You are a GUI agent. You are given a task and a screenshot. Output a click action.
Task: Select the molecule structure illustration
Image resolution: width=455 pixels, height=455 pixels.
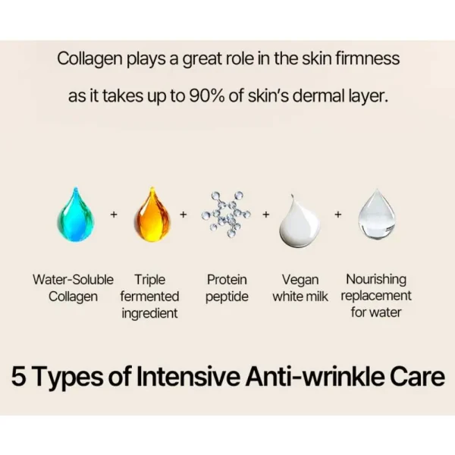pos(227,215)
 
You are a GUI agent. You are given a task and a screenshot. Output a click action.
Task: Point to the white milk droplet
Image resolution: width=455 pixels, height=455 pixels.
pos(300,221)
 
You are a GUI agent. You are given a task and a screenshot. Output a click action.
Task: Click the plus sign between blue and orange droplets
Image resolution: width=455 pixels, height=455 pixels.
pos(114,215)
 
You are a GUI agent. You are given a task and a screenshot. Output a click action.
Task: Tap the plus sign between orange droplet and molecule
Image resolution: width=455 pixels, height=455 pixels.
pos(183,215)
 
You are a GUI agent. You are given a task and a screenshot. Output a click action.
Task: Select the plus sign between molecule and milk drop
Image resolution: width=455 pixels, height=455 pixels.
pos(266,215)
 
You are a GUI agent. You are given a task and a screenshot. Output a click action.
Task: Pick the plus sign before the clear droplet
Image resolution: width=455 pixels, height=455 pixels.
pos(338,215)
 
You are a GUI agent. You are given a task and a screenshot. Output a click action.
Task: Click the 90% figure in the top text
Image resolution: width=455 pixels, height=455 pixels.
pos(206,96)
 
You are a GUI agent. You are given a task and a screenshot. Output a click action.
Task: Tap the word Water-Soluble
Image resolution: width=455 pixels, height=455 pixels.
pos(73,280)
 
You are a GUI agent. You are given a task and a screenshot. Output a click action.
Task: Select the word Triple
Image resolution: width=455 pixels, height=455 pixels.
pos(149,281)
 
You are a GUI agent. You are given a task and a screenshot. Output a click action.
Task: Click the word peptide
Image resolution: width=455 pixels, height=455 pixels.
pos(227,297)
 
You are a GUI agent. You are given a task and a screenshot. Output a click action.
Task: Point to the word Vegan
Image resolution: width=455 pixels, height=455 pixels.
pos(300,281)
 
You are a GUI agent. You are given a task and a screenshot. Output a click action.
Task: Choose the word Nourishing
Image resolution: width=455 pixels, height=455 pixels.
pos(376,280)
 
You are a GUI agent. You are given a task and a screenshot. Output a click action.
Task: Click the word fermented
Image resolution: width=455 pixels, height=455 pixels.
pos(149,297)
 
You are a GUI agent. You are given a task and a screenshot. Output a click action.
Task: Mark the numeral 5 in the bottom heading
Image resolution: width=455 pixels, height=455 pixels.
pos(19,376)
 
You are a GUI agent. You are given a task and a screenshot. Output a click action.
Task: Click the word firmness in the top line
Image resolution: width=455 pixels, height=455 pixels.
pos(368,58)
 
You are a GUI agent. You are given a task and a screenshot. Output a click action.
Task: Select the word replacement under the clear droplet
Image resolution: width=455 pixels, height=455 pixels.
pos(376,297)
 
